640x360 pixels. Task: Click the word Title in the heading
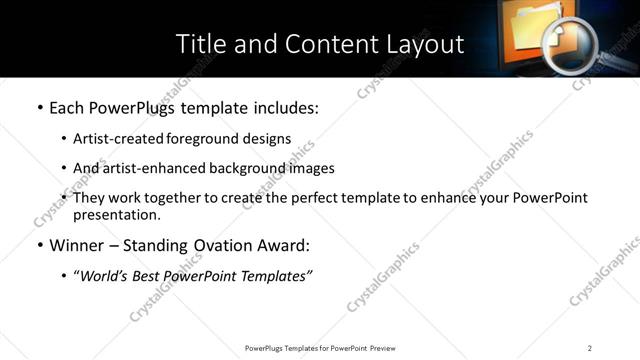point(199,44)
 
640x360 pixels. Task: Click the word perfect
point(327,198)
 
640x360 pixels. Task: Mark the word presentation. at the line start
point(116,214)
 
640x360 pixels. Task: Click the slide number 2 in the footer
point(589,348)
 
